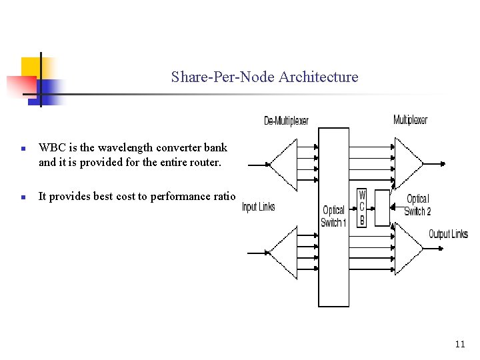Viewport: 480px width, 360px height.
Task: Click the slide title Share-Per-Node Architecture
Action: (x=264, y=77)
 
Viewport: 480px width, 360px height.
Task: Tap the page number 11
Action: (x=459, y=344)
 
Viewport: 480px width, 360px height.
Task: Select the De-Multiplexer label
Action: (x=286, y=121)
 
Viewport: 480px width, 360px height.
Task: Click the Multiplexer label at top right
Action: (x=410, y=120)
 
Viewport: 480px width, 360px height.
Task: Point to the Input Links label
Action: (x=258, y=207)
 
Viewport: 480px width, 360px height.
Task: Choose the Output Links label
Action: (x=447, y=234)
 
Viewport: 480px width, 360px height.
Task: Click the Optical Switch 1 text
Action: (x=333, y=217)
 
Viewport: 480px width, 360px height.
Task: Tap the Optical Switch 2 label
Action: (x=417, y=205)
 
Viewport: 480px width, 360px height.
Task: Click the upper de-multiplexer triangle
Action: (x=283, y=165)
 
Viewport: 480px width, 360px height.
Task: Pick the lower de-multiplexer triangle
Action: (x=283, y=253)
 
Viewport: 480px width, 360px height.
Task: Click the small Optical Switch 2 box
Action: (x=381, y=208)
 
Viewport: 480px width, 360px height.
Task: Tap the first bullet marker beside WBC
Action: (x=23, y=149)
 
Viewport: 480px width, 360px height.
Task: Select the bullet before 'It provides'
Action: (x=23, y=197)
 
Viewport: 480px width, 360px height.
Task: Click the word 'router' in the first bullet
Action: (x=203, y=161)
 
